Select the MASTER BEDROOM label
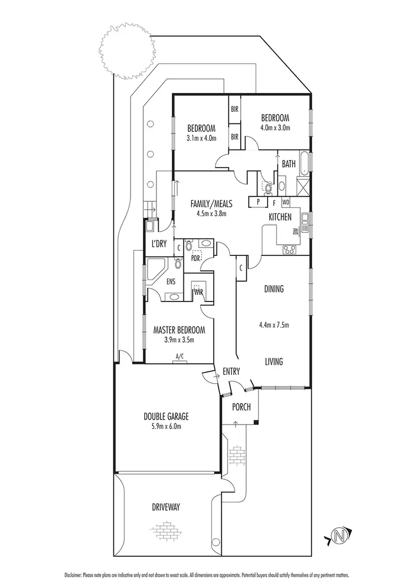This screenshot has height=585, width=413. tap(179, 330)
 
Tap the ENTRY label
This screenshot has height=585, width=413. tap(231, 372)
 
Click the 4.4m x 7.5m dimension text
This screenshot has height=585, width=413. tap(274, 325)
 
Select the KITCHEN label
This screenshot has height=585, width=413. tap(280, 217)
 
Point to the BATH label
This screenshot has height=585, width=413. tap(289, 164)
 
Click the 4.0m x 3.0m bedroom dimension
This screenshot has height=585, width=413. tap(275, 127)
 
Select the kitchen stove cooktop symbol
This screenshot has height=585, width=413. tap(289, 250)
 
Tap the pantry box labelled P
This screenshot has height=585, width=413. tap(258, 202)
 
